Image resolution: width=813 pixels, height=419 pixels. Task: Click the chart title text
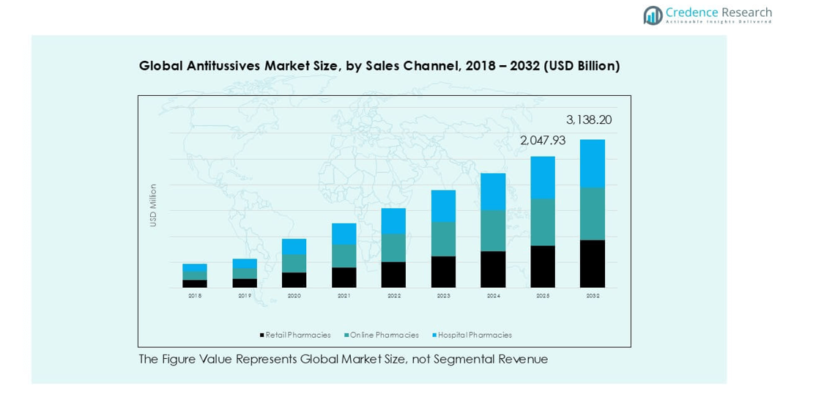[379, 66]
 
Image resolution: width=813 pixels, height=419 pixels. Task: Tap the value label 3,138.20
[588, 120]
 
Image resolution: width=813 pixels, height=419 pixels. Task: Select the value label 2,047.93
[543, 141]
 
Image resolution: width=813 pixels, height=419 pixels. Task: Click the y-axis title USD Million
[153, 205]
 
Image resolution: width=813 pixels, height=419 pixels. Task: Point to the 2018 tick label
[195, 296]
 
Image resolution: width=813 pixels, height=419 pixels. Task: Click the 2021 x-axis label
[344, 296]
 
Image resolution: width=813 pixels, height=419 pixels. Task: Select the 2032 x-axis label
[593, 296]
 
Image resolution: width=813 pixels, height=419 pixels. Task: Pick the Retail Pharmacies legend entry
[295, 335]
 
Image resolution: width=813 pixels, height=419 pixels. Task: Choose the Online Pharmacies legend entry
[382, 335]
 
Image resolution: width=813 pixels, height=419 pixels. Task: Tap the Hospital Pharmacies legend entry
[472, 335]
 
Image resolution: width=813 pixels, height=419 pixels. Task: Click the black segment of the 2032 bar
[593, 264]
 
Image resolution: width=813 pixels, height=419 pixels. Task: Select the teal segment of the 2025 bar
[543, 222]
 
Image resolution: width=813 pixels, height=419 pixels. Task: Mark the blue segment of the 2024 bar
[493, 192]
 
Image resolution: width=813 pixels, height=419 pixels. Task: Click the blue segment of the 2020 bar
[294, 247]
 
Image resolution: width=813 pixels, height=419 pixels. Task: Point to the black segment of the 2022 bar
[393, 275]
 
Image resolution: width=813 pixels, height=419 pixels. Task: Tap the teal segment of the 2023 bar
[443, 239]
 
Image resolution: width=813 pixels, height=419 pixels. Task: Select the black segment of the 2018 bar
[195, 283]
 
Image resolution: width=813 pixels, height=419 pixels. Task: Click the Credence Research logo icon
[653, 15]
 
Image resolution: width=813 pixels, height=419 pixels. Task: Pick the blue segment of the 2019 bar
[245, 263]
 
